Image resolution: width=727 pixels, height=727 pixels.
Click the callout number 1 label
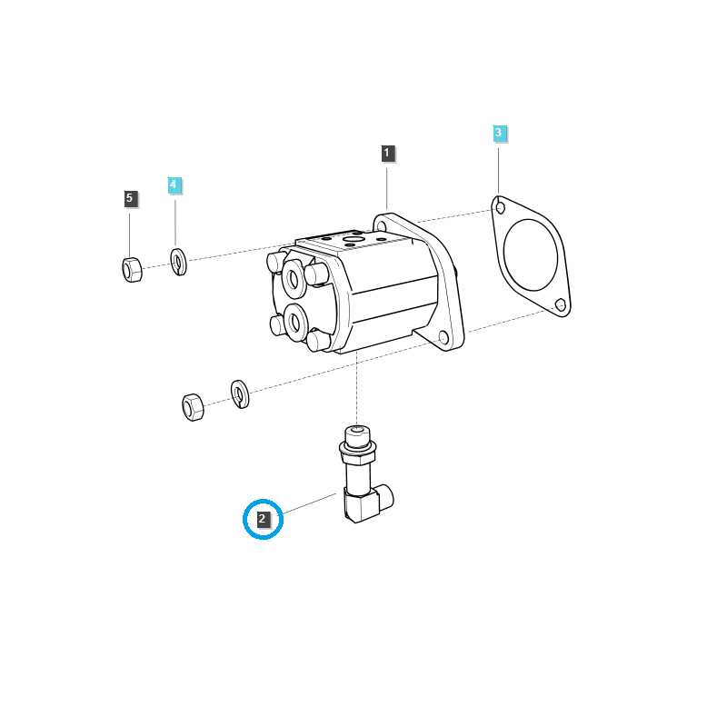tap(387, 153)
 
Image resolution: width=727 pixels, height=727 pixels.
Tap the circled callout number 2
tap(263, 520)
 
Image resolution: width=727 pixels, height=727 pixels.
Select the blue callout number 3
tap(498, 134)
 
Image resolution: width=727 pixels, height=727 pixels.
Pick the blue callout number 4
tap(174, 184)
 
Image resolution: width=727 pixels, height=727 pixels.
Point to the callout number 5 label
tap(129, 197)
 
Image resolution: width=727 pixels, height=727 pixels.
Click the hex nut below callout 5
tap(132, 269)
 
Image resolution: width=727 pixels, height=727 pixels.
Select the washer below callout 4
tap(179, 261)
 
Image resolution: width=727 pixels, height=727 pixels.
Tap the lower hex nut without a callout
tap(193, 406)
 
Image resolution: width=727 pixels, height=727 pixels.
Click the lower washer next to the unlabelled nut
tap(240, 393)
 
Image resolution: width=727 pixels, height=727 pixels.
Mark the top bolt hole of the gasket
tap(500, 208)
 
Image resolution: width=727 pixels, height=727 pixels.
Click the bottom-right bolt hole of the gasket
tap(561, 304)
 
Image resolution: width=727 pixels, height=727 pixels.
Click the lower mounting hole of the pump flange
tap(443, 338)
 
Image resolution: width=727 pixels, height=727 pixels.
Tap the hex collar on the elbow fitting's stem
tap(357, 446)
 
